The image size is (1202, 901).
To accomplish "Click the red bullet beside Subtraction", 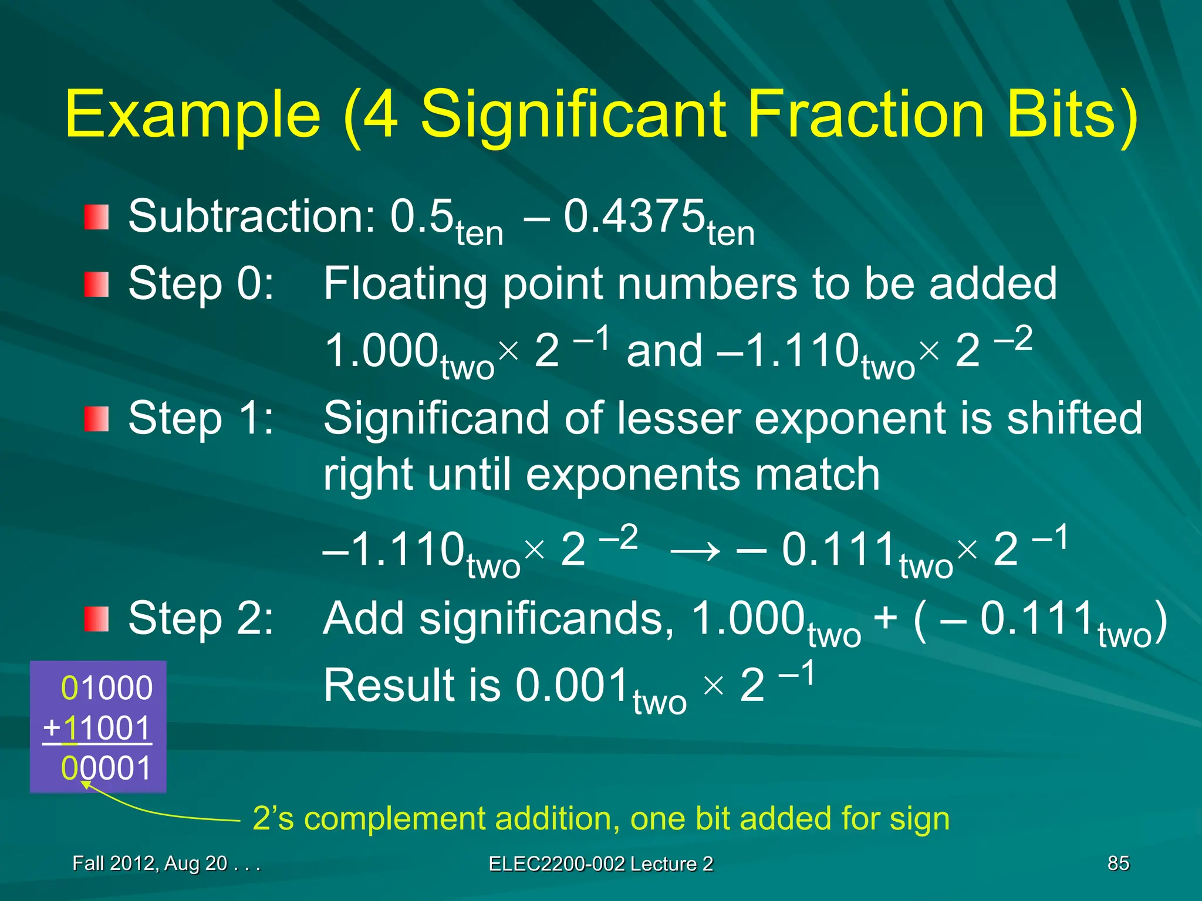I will [96, 217].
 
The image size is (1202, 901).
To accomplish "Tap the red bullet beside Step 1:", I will [96, 419].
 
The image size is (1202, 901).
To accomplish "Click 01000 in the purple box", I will [107, 688].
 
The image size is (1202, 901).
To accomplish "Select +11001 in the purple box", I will [97, 729].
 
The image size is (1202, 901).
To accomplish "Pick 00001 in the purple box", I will [107, 768].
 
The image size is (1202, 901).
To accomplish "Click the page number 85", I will [1118, 863].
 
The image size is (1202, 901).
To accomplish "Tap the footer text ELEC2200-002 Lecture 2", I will [600, 864].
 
